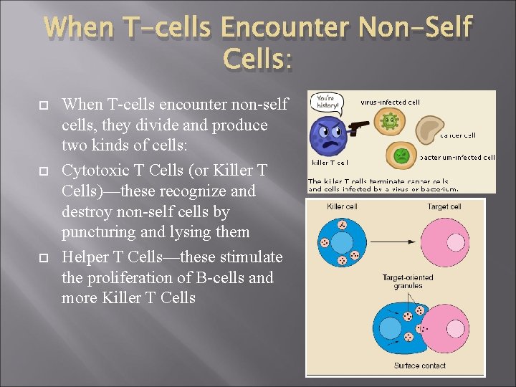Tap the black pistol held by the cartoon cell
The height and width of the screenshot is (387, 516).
point(357,127)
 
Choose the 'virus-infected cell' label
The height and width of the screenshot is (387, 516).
point(390,102)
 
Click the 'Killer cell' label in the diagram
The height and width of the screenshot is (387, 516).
point(342,207)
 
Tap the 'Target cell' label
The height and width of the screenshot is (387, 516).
point(444,207)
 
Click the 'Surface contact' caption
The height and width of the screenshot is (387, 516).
point(419,365)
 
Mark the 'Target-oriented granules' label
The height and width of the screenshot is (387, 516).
point(407,281)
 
